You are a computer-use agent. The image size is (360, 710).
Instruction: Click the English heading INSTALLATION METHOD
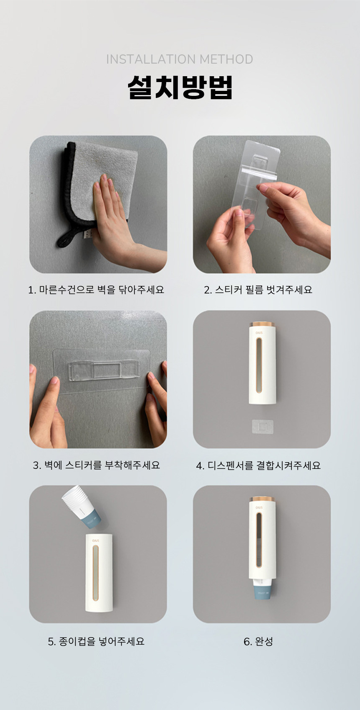click(x=179, y=59)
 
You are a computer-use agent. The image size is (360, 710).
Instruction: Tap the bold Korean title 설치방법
click(x=180, y=87)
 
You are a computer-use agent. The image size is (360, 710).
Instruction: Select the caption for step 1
click(x=96, y=290)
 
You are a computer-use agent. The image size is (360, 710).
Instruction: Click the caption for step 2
click(x=258, y=290)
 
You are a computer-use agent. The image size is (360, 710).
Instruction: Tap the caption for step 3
click(x=96, y=465)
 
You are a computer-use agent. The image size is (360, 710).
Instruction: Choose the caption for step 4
click(x=258, y=465)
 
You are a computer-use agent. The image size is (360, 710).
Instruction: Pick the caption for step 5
click(x=96, y=641)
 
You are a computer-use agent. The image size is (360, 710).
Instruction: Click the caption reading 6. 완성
click(x=258, y=641)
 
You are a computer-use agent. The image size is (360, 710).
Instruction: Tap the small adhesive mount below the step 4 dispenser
click(x=262, y=427)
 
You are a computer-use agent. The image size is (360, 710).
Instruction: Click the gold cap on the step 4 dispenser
click(x=262, y=324)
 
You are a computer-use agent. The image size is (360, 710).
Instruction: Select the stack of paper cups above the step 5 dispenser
click(x=81, y=507)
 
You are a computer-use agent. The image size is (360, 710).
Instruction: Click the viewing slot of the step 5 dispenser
click(x=95, y=574)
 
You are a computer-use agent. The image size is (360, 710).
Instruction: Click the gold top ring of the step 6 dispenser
click(x=262, y=499)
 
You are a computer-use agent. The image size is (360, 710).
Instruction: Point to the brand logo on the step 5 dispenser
click(x=95, y=540)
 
